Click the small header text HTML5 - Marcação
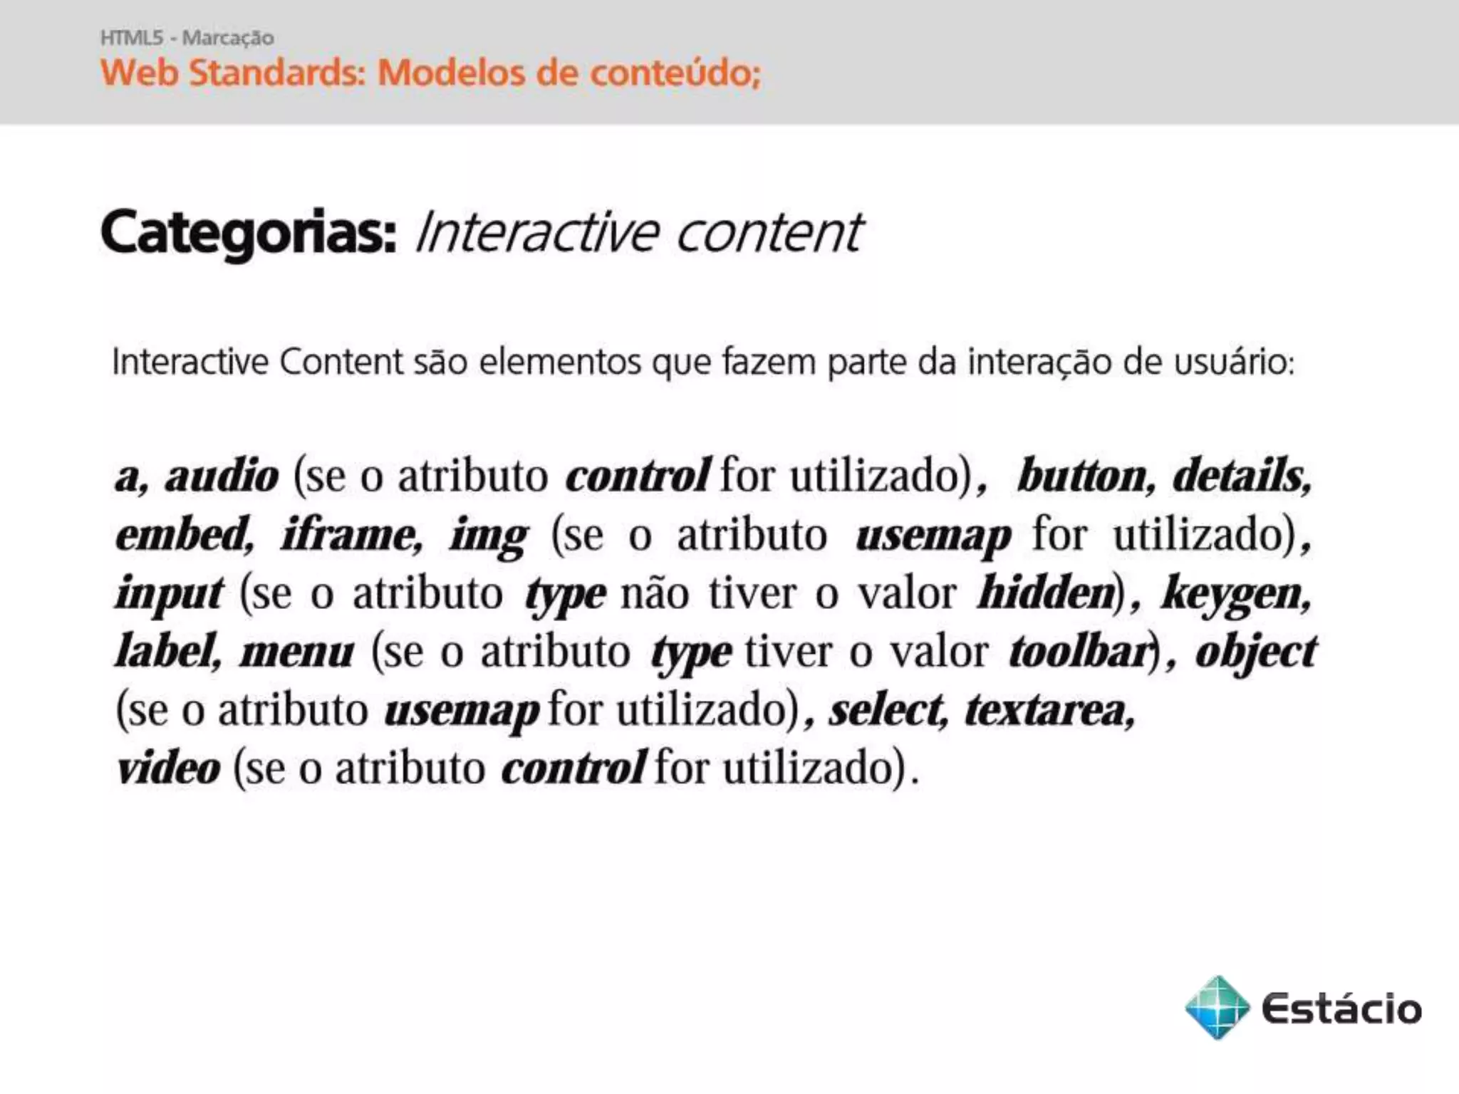(x=187, y=38)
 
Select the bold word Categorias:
(x=249, y=232)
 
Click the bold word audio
(x=222, y=476)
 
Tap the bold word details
(x=1241, y=476)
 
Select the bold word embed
(x=185, y=534)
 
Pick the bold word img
(x=489, y=537)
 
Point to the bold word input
(x=170, y=594)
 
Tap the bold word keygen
(x=1236, y=594)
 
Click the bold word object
(x=1256, y=652)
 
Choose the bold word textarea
(x=1049, y=710)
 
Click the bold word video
(x=169, y=769)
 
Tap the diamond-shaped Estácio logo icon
(x=1217, y=1007)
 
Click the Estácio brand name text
(x=1341, y=1009)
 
